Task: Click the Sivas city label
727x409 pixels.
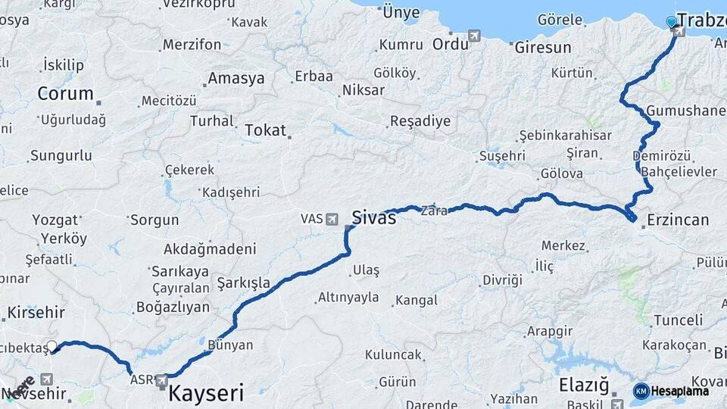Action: (x=374, y=218)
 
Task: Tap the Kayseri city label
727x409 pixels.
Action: (x=206, y=393)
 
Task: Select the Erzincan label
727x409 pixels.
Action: (x=678, y=220)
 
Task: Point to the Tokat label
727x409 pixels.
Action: (x=265, y=130)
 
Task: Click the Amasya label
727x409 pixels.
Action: (x=236, y=78)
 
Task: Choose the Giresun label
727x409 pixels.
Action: (x=542, y=47)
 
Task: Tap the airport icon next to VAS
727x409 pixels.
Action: (x=332, y=219)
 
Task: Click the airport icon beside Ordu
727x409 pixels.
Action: (x=475, y=35)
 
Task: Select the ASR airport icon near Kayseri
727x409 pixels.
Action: (x=161, y=381)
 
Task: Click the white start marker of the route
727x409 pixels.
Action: (x=51, y=346)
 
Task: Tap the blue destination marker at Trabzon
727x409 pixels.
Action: (x=671, y=21)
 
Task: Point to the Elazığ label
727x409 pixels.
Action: (x=583, y=386)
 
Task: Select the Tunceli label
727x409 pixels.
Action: (x=678, y=320)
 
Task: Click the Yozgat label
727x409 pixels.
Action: (x=55, y=220)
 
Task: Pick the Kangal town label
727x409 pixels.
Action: (x=417, y=301)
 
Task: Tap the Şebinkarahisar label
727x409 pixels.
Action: (x=565, y=135)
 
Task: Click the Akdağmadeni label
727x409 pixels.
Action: (x=210, y=248)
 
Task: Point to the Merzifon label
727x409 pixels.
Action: (x=192, y=44)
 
